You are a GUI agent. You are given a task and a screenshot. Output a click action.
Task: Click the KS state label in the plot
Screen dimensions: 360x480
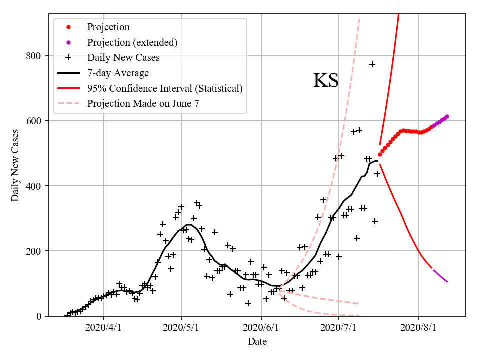(326, 81)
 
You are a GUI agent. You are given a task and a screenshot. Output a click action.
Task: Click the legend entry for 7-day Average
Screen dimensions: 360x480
(118, 73)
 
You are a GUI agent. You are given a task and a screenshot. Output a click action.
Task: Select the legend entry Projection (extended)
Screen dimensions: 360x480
(132, 42)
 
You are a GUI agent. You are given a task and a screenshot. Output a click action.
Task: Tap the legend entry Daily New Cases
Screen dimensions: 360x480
(123, 58)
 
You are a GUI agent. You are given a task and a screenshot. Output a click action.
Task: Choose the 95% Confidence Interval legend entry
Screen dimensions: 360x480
(165, 89)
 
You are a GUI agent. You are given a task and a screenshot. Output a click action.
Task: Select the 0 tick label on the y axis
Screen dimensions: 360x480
(40, 316)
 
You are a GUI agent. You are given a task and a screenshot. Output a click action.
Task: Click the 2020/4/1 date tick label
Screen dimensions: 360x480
(104, 328)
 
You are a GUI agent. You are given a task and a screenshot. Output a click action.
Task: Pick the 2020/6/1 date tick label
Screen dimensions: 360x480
(261, 328)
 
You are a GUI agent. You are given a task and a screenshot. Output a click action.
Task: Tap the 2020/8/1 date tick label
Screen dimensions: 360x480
(418, 328)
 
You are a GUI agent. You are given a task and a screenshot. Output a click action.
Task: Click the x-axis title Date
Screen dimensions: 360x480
(257, 342)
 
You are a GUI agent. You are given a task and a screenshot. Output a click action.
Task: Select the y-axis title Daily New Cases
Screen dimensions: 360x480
(15, 165)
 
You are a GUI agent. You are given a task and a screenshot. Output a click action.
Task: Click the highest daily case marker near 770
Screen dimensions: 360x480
(372, 64)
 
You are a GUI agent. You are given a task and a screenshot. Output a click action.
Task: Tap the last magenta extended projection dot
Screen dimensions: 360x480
(447, 116)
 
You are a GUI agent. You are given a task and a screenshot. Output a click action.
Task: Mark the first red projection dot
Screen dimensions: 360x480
(380, 154)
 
